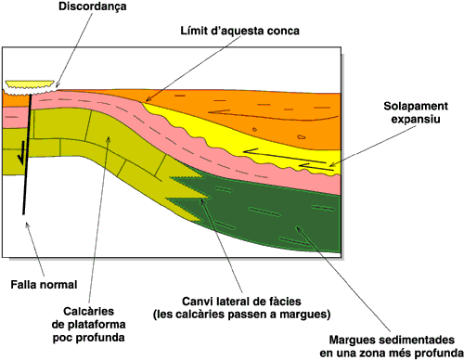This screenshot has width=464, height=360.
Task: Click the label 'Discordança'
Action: (x=93, y=6)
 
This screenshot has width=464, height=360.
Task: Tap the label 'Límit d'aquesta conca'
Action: (x=240, y=31)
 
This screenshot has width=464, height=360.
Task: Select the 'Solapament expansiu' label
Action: (x=416, y=112)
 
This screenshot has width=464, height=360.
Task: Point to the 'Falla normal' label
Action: (x=44, y=285)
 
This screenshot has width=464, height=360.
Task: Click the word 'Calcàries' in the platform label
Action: (x=89, y=311)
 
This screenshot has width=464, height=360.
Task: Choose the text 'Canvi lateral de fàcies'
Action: (x=241, y=302)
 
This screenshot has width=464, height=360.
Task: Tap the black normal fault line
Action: (x=27, y=154)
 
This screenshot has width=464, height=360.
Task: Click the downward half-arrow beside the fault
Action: (x=20, y=153)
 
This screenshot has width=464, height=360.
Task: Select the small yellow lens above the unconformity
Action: (x=30, y=84)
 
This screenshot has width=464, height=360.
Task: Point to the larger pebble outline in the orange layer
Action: (x=302, y=136)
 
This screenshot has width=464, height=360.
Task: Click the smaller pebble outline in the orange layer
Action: (x=254, y=129)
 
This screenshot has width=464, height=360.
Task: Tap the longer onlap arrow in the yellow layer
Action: (x=284, y=157)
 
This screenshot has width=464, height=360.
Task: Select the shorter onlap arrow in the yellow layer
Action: (x=316, y=167)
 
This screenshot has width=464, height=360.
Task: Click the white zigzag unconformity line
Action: (x=30, y=91)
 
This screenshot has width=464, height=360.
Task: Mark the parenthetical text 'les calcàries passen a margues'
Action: (x=241, y=315)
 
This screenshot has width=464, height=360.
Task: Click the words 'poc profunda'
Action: (x=89, y=337)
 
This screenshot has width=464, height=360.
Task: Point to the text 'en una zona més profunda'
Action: (x=392, y=353)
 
